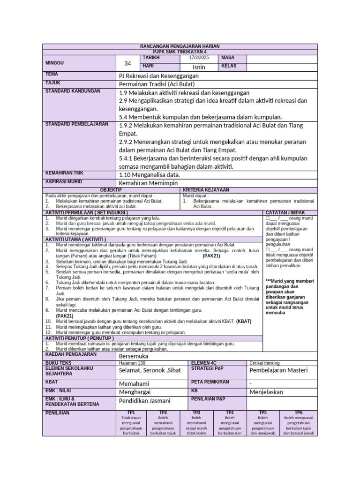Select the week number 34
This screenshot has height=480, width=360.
pos(128,63)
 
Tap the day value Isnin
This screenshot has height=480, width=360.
pos(199,67)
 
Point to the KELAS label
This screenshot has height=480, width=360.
pos(229,66)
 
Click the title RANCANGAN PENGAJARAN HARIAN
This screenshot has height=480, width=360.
pos(180,46)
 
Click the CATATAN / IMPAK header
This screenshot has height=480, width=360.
pos(285,213)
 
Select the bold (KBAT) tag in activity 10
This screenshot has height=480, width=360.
pos(244,322)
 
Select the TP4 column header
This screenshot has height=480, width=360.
pos(230,412)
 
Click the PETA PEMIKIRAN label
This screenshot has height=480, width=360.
pos(210,382)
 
